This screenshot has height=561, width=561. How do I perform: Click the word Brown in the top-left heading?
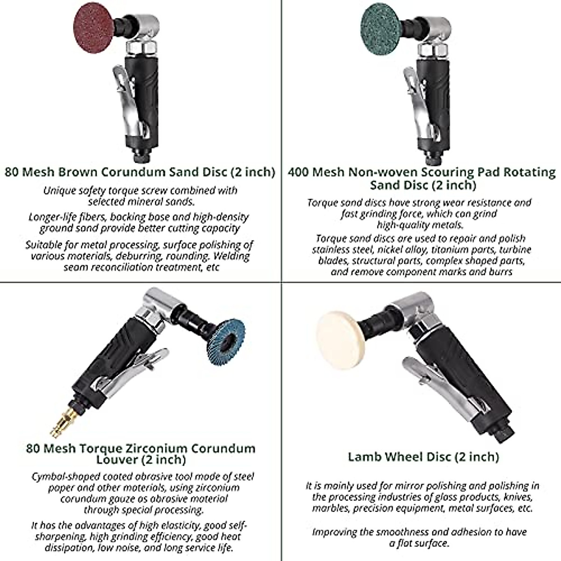(x=77, y=172)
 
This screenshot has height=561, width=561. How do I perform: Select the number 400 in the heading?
(x=298, y=172)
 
